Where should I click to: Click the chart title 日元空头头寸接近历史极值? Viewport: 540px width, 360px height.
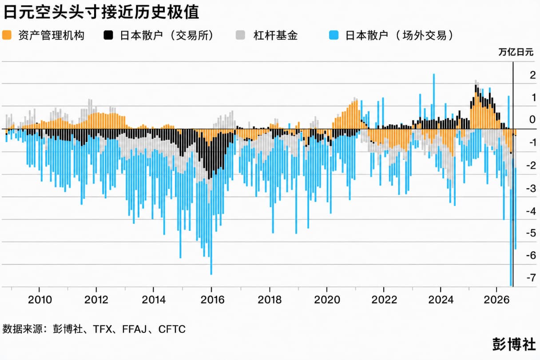pyautogui.click(x=101, y=12)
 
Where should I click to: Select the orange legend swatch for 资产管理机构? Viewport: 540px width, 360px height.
pyautogui.click(x=7, y=35)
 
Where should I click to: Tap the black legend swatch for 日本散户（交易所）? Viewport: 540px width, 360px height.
pyautogui.click(x=108, y=35)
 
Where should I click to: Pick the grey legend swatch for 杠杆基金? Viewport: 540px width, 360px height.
pyautogui.click(x=240, y=35)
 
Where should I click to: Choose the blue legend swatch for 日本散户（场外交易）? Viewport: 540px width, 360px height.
pyautogui.click(x=334, y=35)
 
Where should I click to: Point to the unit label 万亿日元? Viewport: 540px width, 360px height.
pyautogui.click(x=516, y=52)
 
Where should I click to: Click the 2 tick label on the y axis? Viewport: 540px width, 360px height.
pyautogui.click(x=533, y=75)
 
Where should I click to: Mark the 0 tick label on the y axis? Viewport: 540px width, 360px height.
pyautogui.click(x=532, y=119)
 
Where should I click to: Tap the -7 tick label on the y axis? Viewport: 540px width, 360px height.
pyautogui.click(x=531, y=277)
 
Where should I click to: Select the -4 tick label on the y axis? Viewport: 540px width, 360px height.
pyautogui.click(x=531, y=211)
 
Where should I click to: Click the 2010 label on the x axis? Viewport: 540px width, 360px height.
pyautogui.click(x=40, y=300)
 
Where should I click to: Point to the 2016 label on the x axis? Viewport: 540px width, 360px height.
pyautogui.click(x=212, y=300)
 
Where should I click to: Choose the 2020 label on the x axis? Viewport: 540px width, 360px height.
pyautogui.click(x=327, y=300)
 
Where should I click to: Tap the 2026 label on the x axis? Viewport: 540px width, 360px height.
pyautogui.click(x=497, y=300)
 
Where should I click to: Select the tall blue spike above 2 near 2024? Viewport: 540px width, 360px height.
pyautogui.click(x=434, y=96)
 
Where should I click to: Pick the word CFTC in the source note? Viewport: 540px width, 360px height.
pyautogui.click(x=172, y=329)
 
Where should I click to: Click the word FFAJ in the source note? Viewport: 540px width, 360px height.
pyautogui.click(x=135, y=329)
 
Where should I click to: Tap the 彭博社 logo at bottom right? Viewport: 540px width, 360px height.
pyautogui.click(x=514, y=344)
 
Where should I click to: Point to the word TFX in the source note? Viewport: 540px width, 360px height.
pyautogui.click(x=103, y=329)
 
